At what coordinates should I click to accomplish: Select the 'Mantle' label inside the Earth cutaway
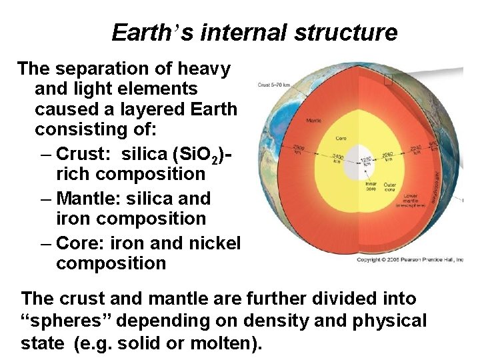click(x=314, y=121)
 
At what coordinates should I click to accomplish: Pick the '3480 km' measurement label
click(x=338, y=159)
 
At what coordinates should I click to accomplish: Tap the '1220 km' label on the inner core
click(x=365, y=159)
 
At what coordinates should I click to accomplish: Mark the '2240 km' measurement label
click(x=417, y=150)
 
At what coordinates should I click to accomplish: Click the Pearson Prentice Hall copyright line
click(x=409, y=259)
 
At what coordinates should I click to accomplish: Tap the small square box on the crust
click(x=389, y=80)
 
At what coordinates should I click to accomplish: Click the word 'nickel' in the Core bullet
click(x=215, y=243)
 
